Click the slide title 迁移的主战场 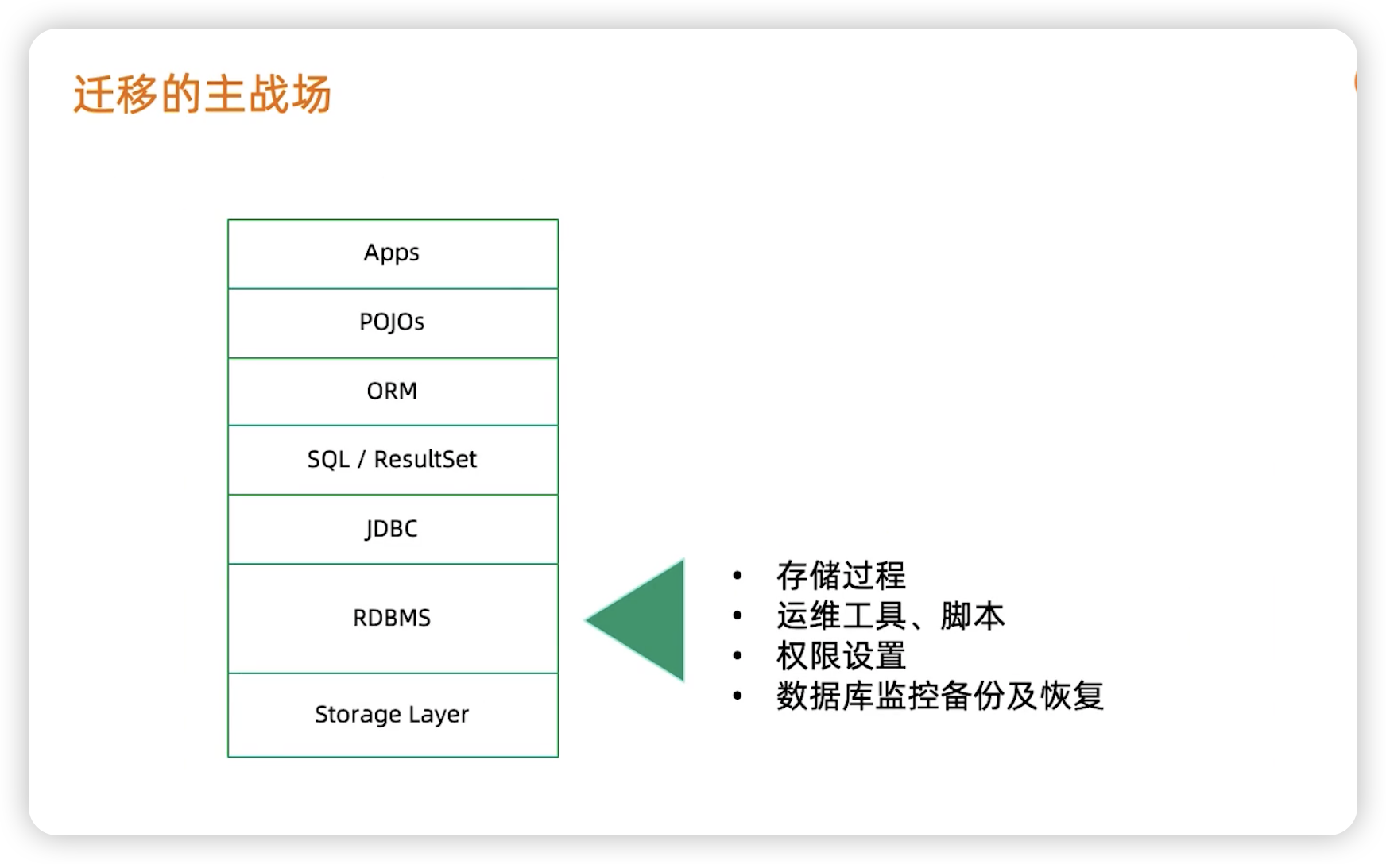(202, 94)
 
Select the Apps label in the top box (392, 253)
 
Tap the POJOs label (392, 322)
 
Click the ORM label (392, 391)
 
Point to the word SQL (328, 460)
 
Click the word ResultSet (425, 459)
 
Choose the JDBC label (391, 529)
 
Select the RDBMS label (392, 618)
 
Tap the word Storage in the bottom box (358, 715)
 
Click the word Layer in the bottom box (439, 715)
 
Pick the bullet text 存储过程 (841, 576)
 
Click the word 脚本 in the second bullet (973, 615)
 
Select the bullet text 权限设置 (841, 656)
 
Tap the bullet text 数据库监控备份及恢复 (940, 696)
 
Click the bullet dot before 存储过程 (738, 575)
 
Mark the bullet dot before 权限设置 (738, 655)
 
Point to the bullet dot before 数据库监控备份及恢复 (738, 696)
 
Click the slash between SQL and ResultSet (362, 460)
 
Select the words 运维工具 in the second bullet (841, 615)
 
